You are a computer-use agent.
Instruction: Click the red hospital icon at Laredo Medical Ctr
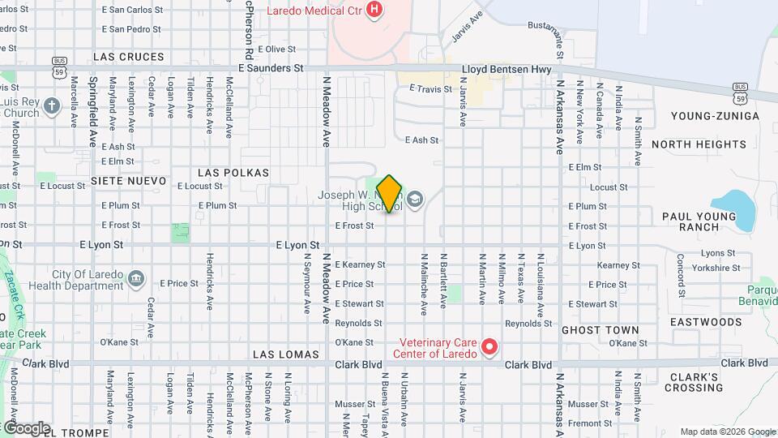374,10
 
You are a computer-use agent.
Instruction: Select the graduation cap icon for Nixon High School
415,200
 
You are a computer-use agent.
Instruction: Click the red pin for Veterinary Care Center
489,348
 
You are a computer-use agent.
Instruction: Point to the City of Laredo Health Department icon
136,280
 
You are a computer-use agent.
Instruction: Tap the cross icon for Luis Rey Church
52,106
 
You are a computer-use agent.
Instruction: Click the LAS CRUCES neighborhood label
129,57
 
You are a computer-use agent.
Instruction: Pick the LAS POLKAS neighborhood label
233,173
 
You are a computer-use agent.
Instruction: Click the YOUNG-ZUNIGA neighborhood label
716,116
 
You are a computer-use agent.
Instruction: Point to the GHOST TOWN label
600,330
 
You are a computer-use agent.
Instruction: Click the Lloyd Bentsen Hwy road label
507,70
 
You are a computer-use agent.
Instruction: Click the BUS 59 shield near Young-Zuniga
740,92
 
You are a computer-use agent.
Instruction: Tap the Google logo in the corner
26,428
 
